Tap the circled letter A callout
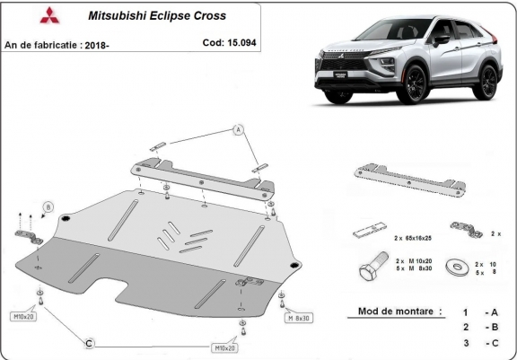pos(239,130)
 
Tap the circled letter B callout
pos(48,206)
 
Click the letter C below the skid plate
pos(88,342)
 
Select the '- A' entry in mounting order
pos(489,312)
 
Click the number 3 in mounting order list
pos(466,342)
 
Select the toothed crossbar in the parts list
pos(407,177)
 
